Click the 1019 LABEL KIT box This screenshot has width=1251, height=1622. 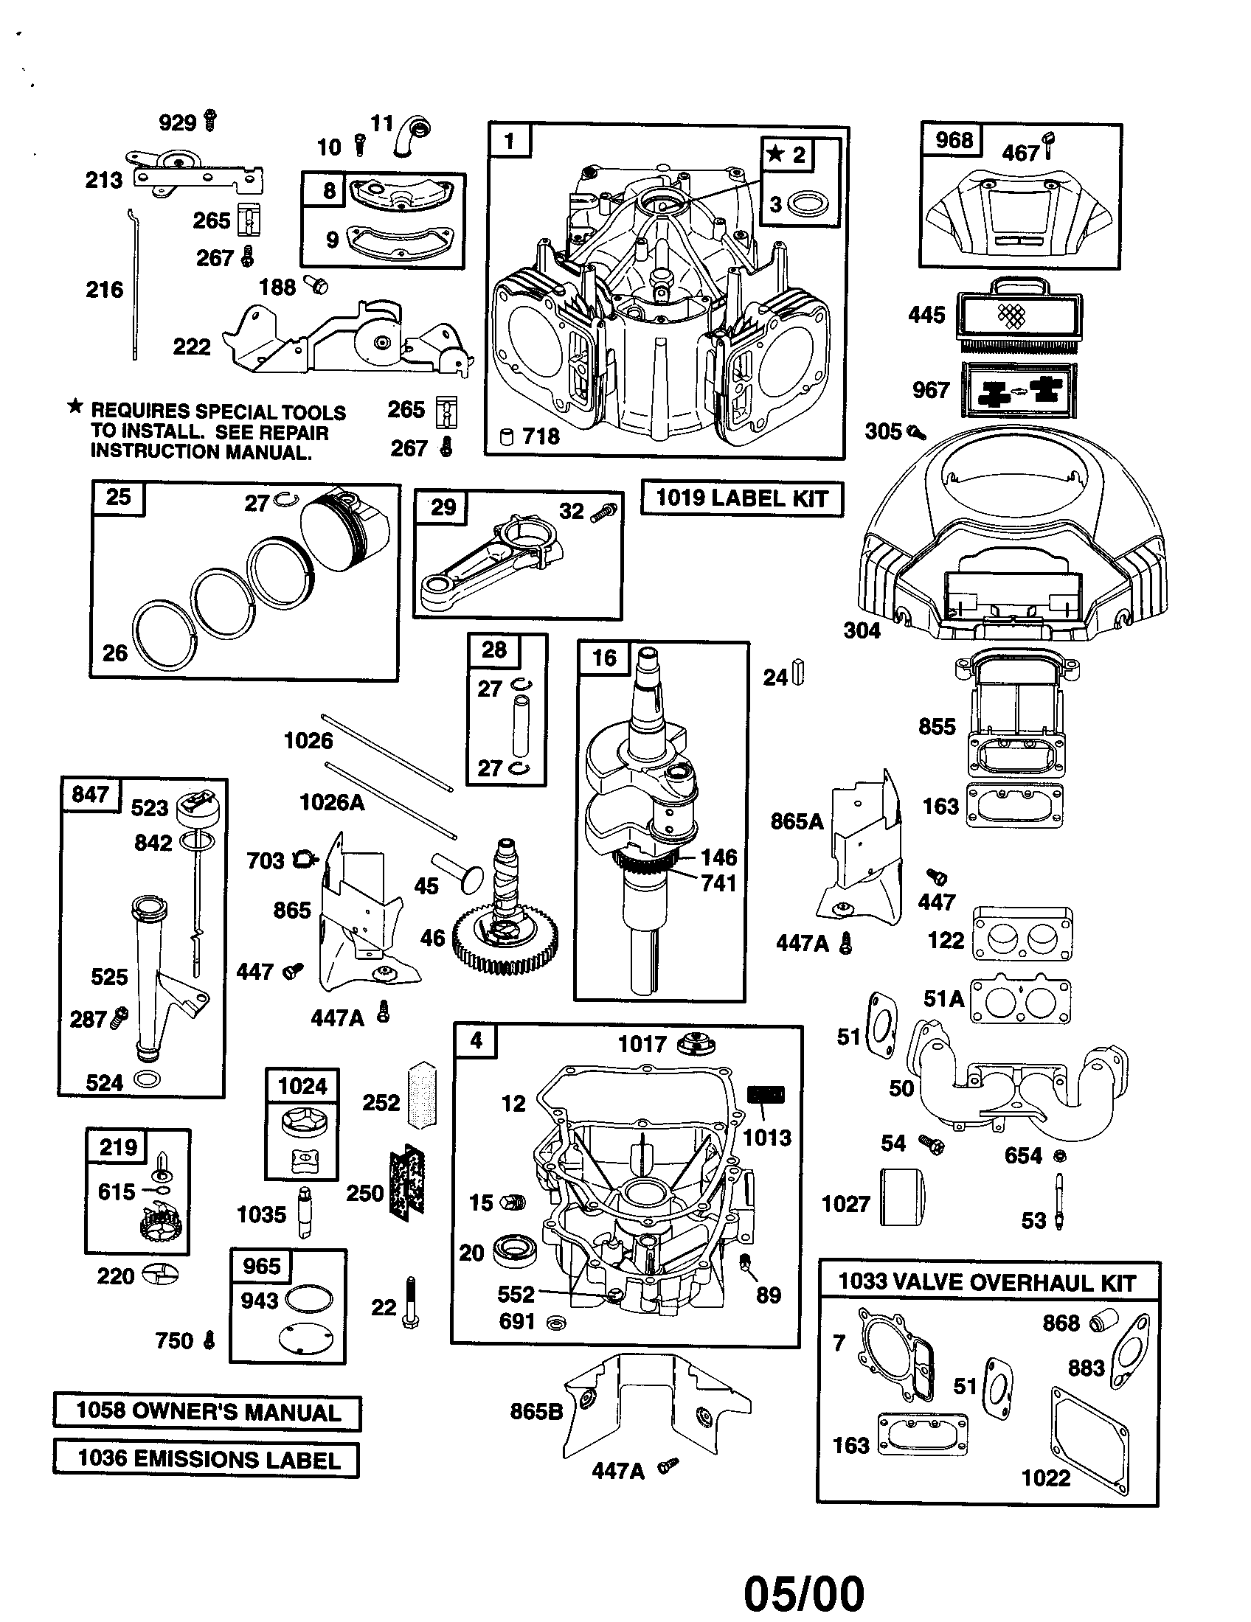click(741, 498)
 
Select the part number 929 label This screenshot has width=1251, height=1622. click(177, 122)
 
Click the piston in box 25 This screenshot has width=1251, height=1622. click(345, 529)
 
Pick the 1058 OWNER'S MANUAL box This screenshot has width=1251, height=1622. click(207, 1412)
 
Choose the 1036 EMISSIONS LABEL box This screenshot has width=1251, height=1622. click(207, 1458)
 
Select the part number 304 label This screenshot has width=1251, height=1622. click(862, 630)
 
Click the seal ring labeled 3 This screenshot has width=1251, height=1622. click(808, 203)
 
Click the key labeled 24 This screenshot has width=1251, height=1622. click(800, 672)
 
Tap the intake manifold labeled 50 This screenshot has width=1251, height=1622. click(1018, 1085)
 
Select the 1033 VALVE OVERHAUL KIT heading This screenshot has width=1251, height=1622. click(986, 1283)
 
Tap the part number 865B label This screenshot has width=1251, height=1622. click(536, 1411)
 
